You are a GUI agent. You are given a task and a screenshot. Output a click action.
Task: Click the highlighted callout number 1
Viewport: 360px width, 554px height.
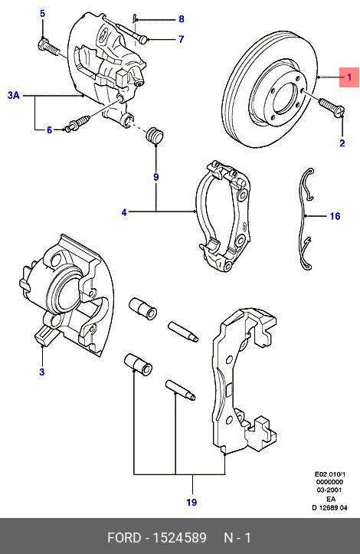(349, 77)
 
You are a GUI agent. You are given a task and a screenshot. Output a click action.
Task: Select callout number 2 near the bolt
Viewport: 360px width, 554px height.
(342, 143)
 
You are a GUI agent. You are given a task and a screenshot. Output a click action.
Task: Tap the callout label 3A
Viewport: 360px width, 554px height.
(13, 96)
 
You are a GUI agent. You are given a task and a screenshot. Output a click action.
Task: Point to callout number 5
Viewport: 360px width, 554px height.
(42, 14)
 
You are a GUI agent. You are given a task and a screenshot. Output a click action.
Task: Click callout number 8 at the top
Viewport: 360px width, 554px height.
(182, 18)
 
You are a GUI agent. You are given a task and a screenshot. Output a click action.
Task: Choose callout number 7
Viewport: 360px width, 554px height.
(182, 39)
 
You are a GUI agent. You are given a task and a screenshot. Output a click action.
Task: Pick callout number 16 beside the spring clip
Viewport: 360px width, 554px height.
(335, 217)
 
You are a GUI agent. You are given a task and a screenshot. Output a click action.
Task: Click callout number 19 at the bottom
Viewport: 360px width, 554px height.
(191, 502)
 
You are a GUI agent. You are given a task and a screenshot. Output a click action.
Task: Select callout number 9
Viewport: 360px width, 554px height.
(155, 177)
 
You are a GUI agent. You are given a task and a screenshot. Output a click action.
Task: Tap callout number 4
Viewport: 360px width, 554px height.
(124, 211)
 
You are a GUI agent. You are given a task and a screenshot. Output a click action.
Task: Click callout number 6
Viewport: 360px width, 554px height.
(49, 130)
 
